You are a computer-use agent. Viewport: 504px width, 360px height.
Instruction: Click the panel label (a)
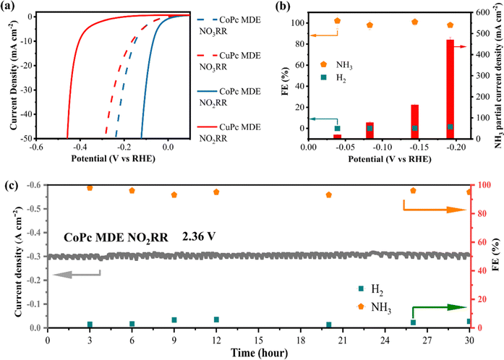pyautogui.click(x=12, y=7)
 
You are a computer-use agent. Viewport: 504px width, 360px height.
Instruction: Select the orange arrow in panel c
pyautogui.click(x=433, y=209)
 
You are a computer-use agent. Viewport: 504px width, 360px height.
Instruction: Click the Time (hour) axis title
pyautogui.click(x=257, y=352)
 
